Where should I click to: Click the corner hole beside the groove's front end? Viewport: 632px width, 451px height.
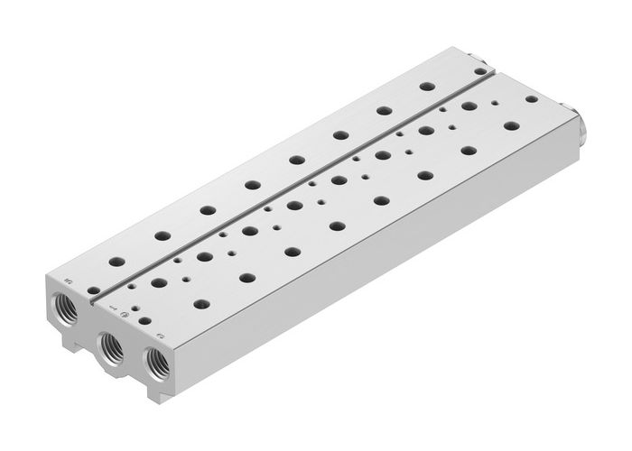[x=93, y=290]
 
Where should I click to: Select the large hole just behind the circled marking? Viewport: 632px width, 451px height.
[x=159, y=283]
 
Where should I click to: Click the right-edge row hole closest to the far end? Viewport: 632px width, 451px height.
[x=512, y=124]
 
